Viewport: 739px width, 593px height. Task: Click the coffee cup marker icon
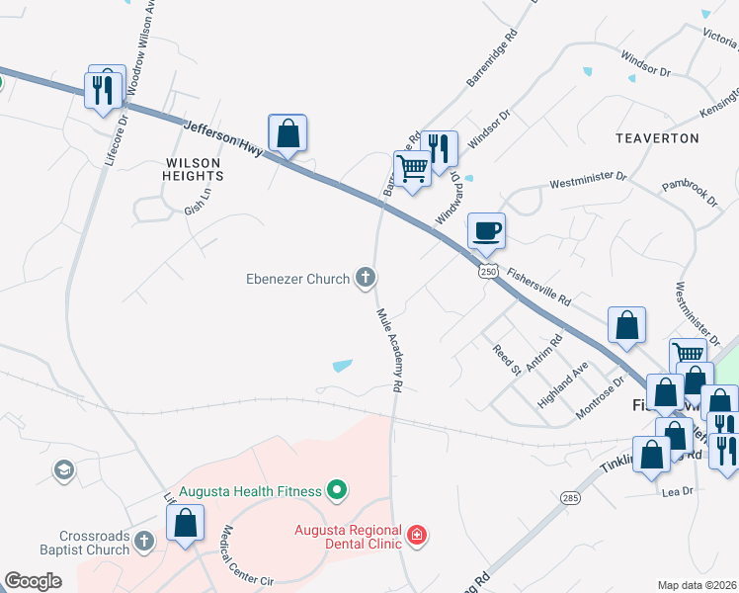tap(485, 232)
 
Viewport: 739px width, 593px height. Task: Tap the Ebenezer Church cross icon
tap(366, 279)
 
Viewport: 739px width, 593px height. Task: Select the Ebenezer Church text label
tap(297, 280)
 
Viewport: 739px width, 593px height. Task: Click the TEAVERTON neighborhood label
tap(657, 138)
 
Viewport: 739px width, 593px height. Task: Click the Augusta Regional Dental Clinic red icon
tap(417, 536)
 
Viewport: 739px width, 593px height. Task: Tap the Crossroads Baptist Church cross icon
tap(144, 542)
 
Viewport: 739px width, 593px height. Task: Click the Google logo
tap(34, 581)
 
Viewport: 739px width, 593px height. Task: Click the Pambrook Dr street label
tap(690, 192)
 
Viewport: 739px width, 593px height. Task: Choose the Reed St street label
tap(507, 361)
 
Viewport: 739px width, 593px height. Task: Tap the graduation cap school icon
tap(64, 469)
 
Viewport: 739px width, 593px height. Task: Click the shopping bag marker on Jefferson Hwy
tap(287, 133)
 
